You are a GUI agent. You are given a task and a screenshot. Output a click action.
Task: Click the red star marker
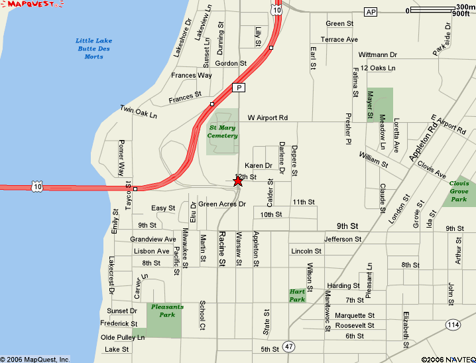pyautogui.click(x=238, y=181)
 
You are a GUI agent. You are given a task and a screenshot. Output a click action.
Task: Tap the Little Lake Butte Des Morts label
pyautogui.click(x=94, y=48)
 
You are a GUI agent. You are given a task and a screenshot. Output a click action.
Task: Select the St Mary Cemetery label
pyautogui.click(x=223, y=131)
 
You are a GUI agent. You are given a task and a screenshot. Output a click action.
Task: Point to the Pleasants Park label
pyautogui.click(x=167, y=311)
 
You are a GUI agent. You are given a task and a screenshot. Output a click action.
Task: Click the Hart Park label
pyautogui.click(x=297, y=295)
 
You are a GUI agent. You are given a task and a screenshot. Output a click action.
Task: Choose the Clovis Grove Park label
pyautogui.click(x=459, y=191)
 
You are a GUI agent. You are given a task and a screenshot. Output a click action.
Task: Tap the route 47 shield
pyautogui.click(x=288, y=346)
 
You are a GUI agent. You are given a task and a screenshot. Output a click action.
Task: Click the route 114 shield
pyautogui.click(x=453, y=325)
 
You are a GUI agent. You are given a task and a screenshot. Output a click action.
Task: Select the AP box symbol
pyautogui.click(x=371, y=12)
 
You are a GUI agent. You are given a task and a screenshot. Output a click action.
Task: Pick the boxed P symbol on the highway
pyautogui.click(x=238, y=88)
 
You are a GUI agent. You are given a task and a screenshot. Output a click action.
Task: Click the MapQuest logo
pyautogui.click(x=32, y=5)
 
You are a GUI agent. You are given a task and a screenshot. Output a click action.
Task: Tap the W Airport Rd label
pyautogui.click(x=268, y=117)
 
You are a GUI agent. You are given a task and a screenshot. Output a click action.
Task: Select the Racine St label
pyautogui.click(x=223, y=249)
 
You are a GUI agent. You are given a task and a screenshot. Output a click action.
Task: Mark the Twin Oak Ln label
pyautogui.click(x=139, y=111)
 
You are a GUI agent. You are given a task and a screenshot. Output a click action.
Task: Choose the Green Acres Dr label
pyautogui.click(x=222, y=204)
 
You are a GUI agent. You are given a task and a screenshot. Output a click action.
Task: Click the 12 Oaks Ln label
pyautogui.click(x=379, y=68)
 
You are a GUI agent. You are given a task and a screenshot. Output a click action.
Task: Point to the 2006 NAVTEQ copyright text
pyautogui.click(x=447, y=359)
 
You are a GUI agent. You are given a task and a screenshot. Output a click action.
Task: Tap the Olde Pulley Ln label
pyautogui.click(x=122, y=337)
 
